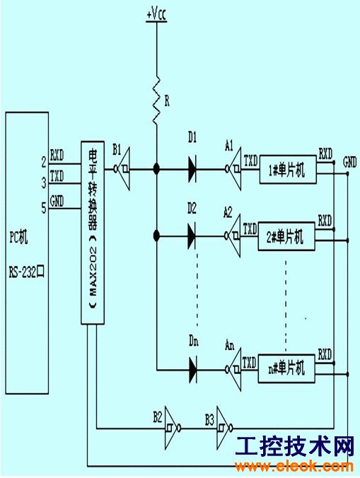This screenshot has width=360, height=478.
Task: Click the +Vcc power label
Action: (x=157, y=14)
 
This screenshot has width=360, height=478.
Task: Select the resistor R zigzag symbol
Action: (x=157, y=100)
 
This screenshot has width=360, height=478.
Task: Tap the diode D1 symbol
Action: (x=192, y=169)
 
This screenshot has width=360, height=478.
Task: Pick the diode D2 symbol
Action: (x=192, y=236)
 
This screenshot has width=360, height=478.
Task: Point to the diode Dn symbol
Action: (x=192, y=370)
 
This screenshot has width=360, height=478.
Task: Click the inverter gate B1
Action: (x=122, y=168)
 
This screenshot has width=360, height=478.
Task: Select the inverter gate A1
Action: (x=233, y=168)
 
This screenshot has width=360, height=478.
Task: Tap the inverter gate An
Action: (x=233, y=369)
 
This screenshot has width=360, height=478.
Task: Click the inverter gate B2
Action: (x=173, y=428)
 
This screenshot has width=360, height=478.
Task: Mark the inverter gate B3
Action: (x=225, y=428)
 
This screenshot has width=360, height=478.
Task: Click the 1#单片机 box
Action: (x=288, y=170)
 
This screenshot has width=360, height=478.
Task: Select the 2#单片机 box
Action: (x=286, y=237)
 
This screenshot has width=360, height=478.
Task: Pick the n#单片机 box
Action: (x=286, y=368)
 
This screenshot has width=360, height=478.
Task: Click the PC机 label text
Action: (x=18, y=237)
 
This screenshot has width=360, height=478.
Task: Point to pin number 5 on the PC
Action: (x=44, y=209)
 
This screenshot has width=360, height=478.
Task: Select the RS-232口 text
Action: (x=27, y=272)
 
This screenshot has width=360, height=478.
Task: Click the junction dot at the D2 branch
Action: (x=156, y=235)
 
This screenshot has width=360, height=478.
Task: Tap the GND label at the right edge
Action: (x=349, y=162)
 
